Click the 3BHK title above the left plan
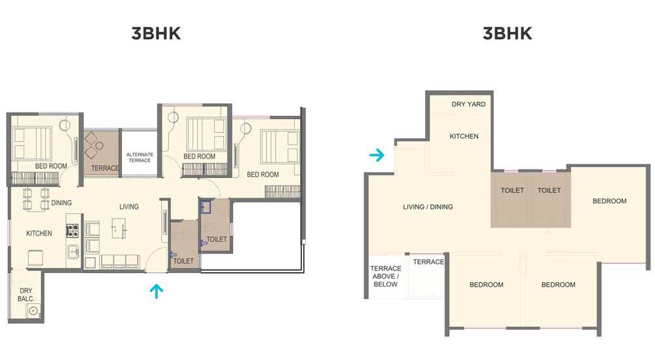[157, 33]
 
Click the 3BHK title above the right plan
[508, 33]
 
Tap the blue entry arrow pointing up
[157, 291]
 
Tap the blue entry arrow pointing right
[377, 155]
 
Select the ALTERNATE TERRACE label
[140, 158]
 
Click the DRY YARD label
[468, 104]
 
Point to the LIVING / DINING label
[428, 207]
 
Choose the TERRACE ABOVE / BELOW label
[385, 276]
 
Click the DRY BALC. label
[26, 295]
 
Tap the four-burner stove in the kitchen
[73, 230]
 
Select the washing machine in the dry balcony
[33, 310]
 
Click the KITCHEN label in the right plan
[464, 136]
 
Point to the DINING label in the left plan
[62, 202]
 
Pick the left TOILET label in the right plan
[512, 190]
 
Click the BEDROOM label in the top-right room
[609, 201]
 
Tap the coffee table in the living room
[119, 228]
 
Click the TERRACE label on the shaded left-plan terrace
[105, 168]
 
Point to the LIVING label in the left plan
[128, 207]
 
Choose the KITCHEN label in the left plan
[39, 234]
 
